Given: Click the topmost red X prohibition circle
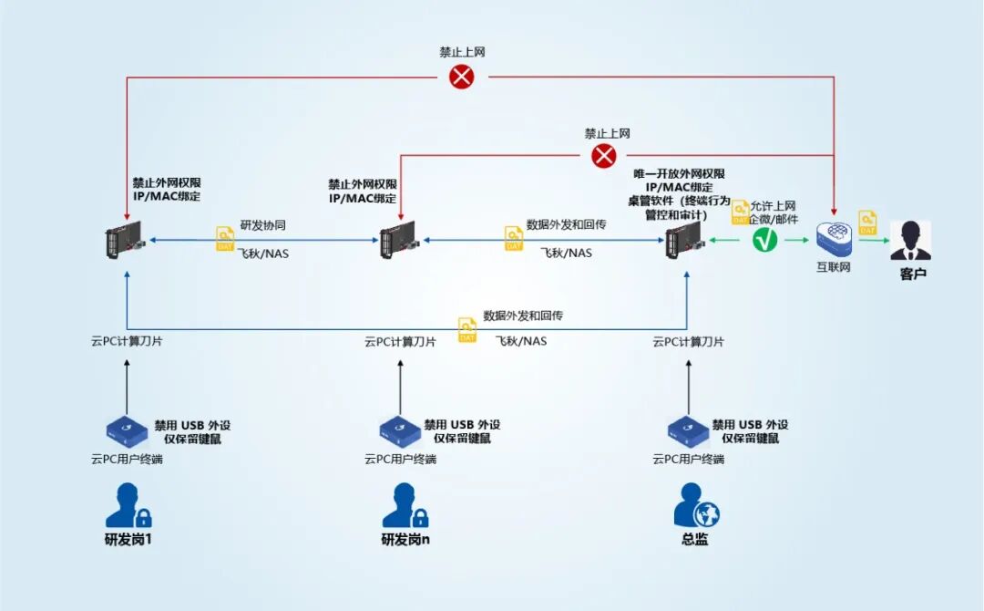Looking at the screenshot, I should tap(462, 77).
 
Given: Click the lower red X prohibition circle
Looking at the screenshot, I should tap(604, 156).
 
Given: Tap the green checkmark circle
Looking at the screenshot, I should tap(765, 241).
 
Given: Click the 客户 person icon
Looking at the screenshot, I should tap(910, 241).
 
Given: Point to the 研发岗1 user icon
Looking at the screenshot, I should tap(128, 505).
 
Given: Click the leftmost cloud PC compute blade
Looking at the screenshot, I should tap(124, 240).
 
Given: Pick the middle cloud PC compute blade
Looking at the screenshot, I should tap(399, 240).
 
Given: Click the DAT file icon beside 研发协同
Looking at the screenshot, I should tap(225, 240).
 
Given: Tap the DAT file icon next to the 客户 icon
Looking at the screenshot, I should tap(867, 223).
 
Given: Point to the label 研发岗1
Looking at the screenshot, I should tap(128, 539).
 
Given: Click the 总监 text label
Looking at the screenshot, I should tap(694, 539).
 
